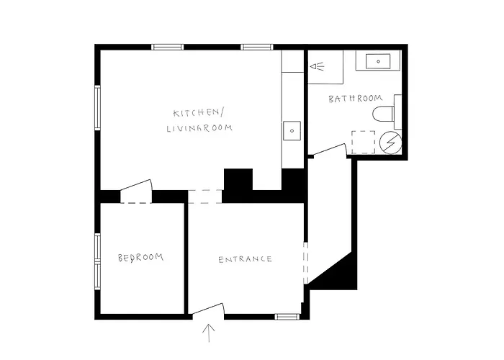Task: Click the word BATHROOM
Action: pyautogui.click(x=356, y=99)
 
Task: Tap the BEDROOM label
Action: pyautogui.click(x=140, y=258)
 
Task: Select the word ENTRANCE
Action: pyautogui.click(x=245, y=259)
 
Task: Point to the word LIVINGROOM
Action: pyautogui.click(x=199, y=128)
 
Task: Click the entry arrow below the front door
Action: pyautogui.click(x=209, y=333)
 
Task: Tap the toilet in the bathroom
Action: pyautogui.click(x=383, y=114)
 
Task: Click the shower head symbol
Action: pyautogui.click(x=317, y=66)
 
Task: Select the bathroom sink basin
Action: pyautogui.click(x=378, y=61)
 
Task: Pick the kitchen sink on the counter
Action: pyautogui.click(x=292, y=130)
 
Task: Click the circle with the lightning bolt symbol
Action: pyautogui.click(x=390, y=142)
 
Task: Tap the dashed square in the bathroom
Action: pyautogui.click(x=363, y=142)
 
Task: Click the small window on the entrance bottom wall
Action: pyautogui.click(x=287, y=317)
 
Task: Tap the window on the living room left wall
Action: pyautogui.click(x=97, y=108)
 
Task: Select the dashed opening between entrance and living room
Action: pyautogui.click(x=204, y=197)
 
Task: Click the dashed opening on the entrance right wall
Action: pyautogui.click(x=306, y=264)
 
